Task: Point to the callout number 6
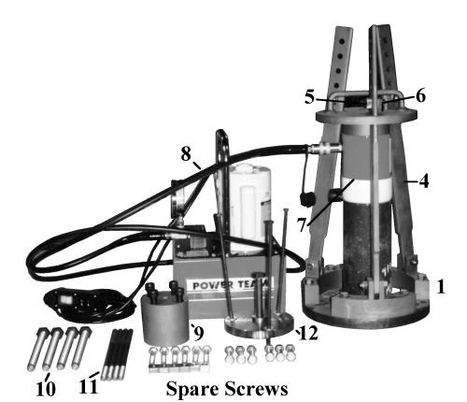point(421,95)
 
